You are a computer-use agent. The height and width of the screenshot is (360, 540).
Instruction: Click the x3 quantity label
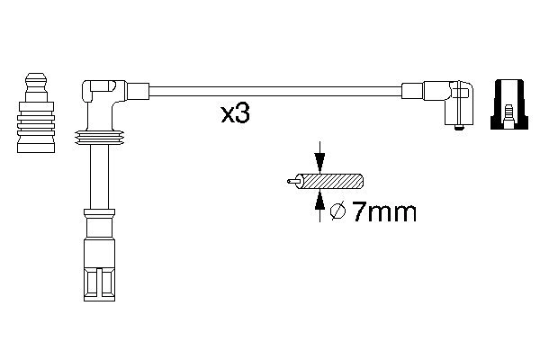(x=235, y=113)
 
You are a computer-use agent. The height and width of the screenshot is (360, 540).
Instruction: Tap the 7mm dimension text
(x=384, y=211)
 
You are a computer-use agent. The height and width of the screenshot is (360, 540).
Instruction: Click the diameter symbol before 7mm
(x=337, y=211)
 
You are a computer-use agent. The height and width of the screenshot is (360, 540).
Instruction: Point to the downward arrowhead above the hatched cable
(x=319, y=162)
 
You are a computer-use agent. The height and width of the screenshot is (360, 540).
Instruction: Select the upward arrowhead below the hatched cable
(x=319, y=201)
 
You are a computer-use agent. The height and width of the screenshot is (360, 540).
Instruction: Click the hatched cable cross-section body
(x=332, y=181)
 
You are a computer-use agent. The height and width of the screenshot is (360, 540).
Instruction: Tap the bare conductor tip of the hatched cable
(x=292, y=181)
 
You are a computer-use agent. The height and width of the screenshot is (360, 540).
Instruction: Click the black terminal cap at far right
(x=509, y=104)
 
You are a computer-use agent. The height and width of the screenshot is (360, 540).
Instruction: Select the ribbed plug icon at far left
(x=36, y=112)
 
